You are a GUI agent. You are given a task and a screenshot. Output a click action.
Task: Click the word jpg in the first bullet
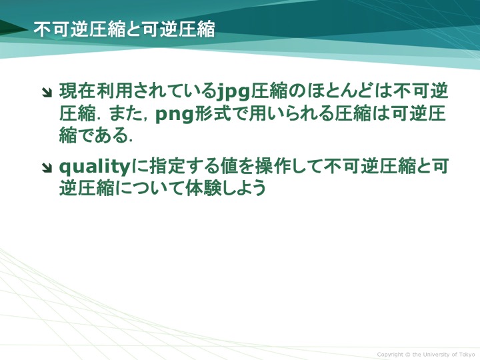[233, 92]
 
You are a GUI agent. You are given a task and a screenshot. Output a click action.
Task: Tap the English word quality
[95, 167]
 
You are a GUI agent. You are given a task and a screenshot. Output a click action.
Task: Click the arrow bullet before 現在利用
[47, 93]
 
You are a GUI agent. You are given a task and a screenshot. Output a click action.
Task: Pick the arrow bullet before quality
[47, 167]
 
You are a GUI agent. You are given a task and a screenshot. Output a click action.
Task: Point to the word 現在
[77, 91]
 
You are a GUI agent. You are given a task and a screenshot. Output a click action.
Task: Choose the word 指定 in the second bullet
[166, 166]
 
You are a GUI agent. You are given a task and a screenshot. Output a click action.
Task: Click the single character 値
[229, 166]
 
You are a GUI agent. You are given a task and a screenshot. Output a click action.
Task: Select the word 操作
[275, 166]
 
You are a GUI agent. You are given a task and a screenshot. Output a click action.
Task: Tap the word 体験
[203, 187]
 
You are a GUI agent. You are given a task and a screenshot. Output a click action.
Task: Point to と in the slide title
[133, 30]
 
